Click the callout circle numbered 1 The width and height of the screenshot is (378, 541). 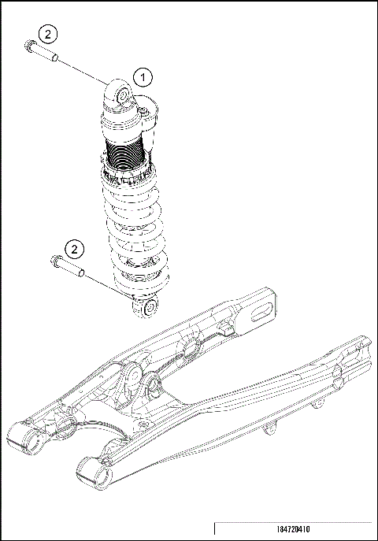[142, 77]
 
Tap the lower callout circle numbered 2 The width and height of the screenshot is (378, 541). [74, 249]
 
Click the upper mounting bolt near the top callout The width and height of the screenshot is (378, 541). [43, 53]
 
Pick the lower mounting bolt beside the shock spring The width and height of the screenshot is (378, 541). [69, 269]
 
